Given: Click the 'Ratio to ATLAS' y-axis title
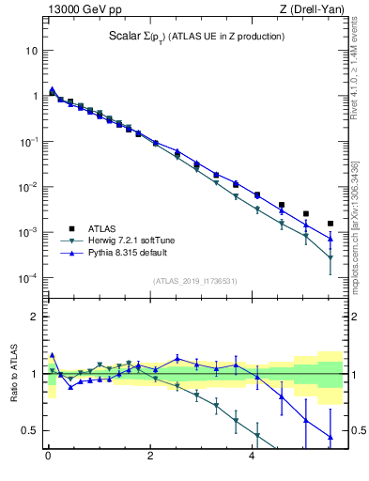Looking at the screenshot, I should coord(12,374).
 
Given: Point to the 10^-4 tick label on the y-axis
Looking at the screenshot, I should coord(28,278).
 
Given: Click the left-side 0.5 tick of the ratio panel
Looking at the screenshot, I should coord(31,430).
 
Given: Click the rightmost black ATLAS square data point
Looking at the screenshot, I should coord(330,224).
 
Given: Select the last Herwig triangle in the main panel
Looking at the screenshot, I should coord(330,257).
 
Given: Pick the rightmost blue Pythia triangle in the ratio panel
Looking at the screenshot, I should coord(330,437).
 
